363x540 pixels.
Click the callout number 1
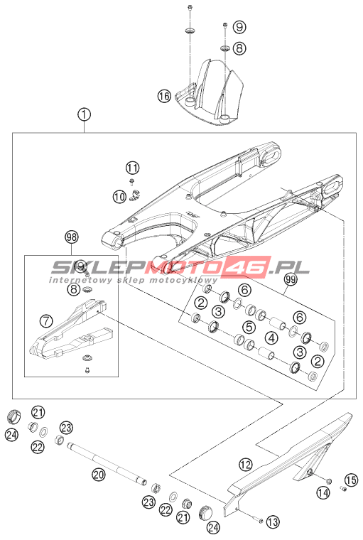[84, 114]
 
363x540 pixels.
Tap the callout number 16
[165, 95]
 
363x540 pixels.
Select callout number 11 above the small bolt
[132, 168]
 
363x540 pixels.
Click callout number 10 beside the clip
[119, 197]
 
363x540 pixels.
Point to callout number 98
[72, 237]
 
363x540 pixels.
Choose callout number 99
[291, 280]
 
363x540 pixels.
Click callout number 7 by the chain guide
[45, 321]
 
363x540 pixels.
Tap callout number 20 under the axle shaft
[99, 475]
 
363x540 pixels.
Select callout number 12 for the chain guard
[246, 465]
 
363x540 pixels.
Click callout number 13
[272, 522]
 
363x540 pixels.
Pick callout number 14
[323, 493]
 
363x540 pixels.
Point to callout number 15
[352, 480]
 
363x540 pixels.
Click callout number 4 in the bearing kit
[272, 337]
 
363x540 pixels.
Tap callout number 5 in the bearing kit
[249, 326]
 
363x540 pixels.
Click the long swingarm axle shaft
[107, 463]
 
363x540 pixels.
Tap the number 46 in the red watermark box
[249, 267]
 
